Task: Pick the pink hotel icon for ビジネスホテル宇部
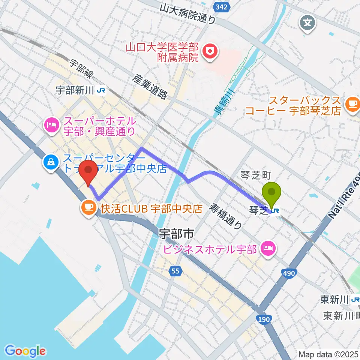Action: pos(268,248)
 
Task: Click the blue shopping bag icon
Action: pos(50,162)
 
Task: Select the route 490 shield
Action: pos(289,274)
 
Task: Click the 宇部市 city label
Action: pos(176,235)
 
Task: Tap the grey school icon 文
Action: pos(307,23)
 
